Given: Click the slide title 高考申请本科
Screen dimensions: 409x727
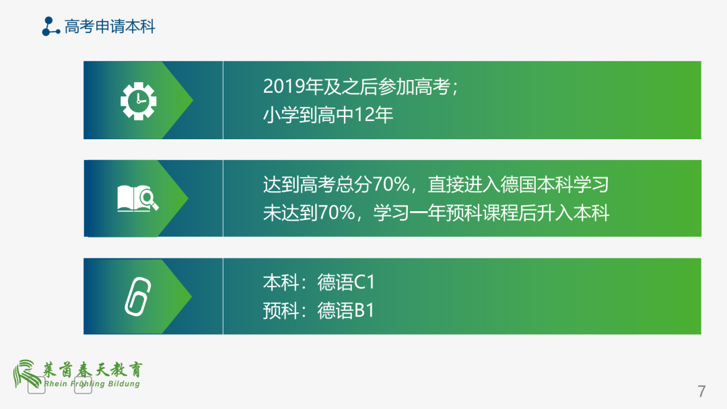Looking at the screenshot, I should point(110,27).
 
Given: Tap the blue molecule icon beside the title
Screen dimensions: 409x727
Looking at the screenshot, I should point(50,27).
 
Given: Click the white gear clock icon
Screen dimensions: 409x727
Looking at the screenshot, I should point(138,100).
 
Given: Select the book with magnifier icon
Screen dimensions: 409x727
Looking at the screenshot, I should point(138,198).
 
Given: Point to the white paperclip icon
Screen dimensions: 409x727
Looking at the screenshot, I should point(138,296).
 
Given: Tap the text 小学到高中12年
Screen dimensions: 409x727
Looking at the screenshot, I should point(328,115).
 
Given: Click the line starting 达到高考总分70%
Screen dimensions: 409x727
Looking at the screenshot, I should point(436,184).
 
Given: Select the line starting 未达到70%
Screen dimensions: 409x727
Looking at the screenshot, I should point(436,213).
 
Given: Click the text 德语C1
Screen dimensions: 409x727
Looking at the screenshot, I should point(346,282).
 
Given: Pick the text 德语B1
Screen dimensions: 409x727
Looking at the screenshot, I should point(346,311).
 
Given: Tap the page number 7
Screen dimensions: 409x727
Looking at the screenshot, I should point(701,391).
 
